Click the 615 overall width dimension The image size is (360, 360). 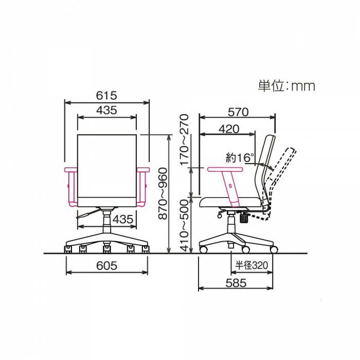point(106,96)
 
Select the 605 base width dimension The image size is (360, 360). point(106,266)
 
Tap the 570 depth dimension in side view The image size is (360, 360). point(238,112)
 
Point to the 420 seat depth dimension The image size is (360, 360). point(229,129)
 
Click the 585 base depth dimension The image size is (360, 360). point(236,283)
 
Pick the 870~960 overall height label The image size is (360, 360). point(163,193)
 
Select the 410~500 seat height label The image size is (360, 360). point(184,225)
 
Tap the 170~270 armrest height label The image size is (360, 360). point(184,140)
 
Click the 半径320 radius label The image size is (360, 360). point(251,265)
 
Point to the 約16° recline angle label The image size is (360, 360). point(240,158)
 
